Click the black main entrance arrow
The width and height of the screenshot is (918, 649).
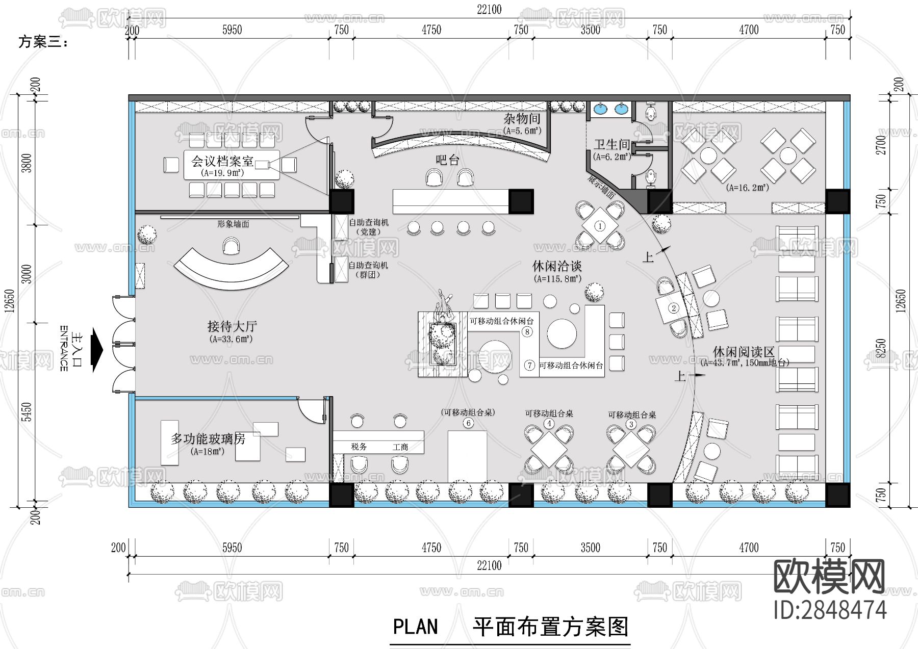96,350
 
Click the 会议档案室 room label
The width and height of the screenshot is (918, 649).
222,162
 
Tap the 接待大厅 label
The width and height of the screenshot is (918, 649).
232,326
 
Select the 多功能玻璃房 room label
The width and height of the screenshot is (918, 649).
208,438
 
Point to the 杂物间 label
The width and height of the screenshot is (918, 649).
522,119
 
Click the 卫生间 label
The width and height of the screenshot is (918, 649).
611,145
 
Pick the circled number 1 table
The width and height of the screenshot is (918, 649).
600,226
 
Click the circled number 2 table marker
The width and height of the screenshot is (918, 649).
673,308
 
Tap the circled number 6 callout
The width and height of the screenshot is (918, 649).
468,423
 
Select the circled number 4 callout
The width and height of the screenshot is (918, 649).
549,424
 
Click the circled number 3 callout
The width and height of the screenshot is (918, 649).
631,424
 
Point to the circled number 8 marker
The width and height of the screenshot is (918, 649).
527,332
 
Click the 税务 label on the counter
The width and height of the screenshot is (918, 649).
359,447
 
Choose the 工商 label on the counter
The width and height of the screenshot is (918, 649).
400,447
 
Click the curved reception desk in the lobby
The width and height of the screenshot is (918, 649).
231,269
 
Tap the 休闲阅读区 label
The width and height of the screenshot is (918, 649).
744,352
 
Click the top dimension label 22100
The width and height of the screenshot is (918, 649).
489,9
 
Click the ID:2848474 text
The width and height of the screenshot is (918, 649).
830,610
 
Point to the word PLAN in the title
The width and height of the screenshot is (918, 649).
415,627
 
